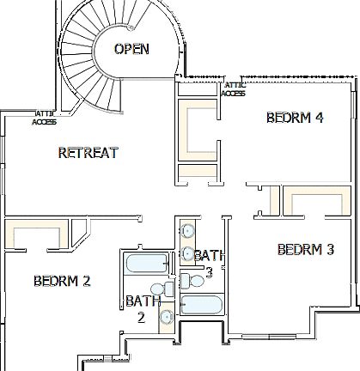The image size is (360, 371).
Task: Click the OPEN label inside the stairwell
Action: pyautogui.click(x=131, y=49)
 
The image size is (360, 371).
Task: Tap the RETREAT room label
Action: pyautogui.click(x=88, y=153)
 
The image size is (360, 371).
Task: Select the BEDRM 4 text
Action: pyautogui.click(x=294, y=118)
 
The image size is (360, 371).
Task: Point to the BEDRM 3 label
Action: pyautogui.click(x=306, y=250)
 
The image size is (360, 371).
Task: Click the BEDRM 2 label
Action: pyautogui.click(x=62, y=280)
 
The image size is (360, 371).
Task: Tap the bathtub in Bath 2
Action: pyautogui.click(x=146, y=264)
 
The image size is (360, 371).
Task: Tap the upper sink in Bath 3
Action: pyautogui.click(x=186, y=230)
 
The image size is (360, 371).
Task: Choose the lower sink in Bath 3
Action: pyautogui.click(x=186, y=253)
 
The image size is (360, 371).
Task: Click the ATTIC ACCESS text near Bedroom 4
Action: pyautogui.click(x=233, y=89)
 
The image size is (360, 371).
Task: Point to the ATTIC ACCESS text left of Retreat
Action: pyautogui.click(x=44, y=118)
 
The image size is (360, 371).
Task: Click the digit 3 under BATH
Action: pyautogui.click(x=209, y=272)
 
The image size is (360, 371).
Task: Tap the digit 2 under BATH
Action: pyautogui.click(x=141, y=316)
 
